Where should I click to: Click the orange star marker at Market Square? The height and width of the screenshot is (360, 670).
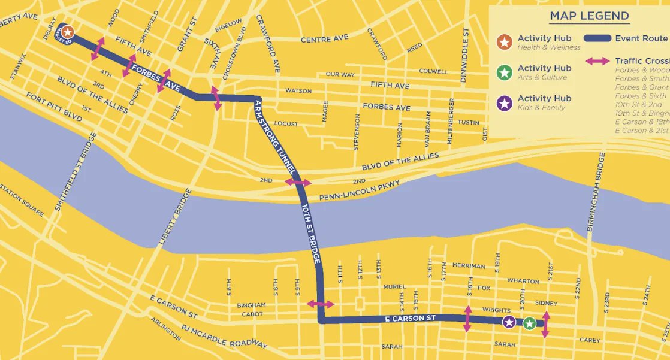point(68,32)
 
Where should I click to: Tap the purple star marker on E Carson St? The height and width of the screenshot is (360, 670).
point(509,322)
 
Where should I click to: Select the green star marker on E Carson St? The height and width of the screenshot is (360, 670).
point(529,323)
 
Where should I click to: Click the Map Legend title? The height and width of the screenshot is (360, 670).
point(589,16)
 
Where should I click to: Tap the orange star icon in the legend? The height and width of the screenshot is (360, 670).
point(505,42)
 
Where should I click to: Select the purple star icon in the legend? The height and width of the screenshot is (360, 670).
point(505,102)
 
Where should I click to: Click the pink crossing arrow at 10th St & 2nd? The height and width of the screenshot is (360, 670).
point(298,182)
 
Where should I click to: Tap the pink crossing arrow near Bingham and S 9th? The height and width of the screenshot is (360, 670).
point(321,304)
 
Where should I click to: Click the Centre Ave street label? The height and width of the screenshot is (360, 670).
point(324,39)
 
